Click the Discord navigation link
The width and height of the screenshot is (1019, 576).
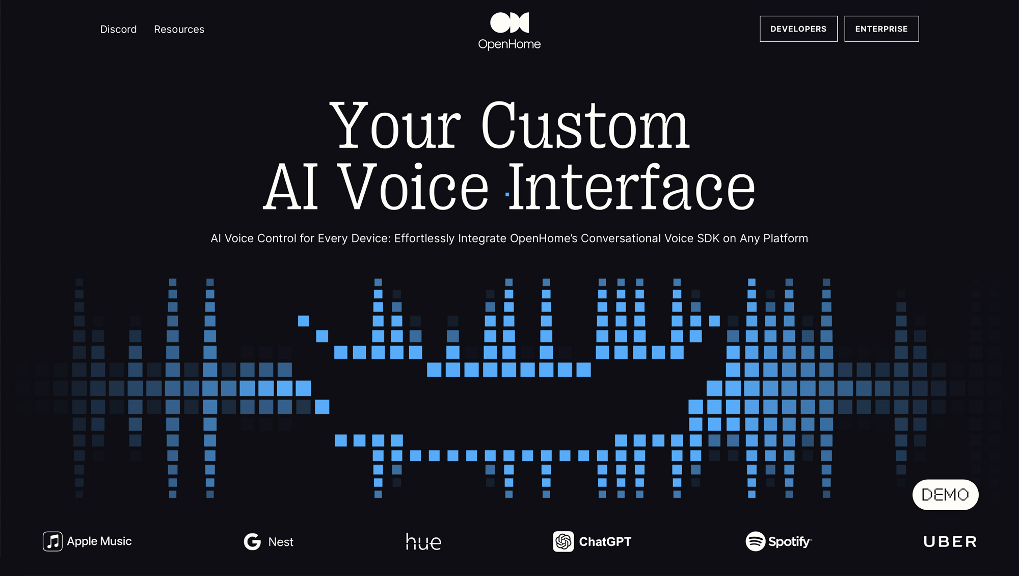(x=118, y=30)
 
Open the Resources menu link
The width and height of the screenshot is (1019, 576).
(x=179, y=30)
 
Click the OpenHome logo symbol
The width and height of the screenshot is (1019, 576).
(x=509, y=22)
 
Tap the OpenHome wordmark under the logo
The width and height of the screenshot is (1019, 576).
(x=509, y=44)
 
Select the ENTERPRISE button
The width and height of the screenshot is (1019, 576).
(x=881, y=29)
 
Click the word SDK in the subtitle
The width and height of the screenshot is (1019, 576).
(x=708, y=238)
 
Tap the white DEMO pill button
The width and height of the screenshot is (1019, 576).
(x=945, y=494)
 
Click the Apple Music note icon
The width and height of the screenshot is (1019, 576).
(x=52, y=541)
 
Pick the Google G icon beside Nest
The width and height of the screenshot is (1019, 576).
(x=252, y=541)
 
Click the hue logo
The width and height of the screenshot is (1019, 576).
(x=423, y=541)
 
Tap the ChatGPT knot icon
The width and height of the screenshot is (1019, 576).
(x=564, y=541)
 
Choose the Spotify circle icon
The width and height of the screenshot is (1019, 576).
(x=756, y=541)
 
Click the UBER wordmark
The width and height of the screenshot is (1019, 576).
(x=950, y=541)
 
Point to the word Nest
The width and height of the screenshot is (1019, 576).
(x=281, y=542)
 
